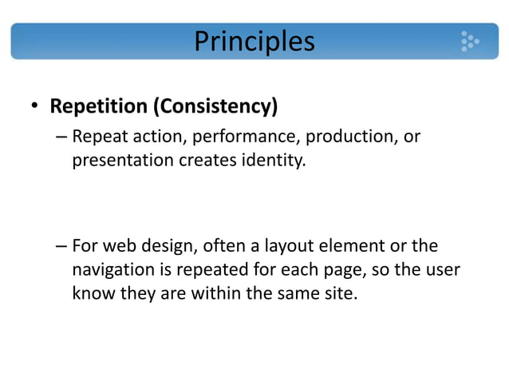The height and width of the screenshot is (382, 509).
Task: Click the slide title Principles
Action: click(254, 41)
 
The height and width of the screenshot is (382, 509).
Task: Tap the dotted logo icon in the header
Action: click(469, 41)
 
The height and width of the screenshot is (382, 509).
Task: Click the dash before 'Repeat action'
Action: click(61, 137)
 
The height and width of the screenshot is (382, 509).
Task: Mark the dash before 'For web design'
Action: click(61, 246)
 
